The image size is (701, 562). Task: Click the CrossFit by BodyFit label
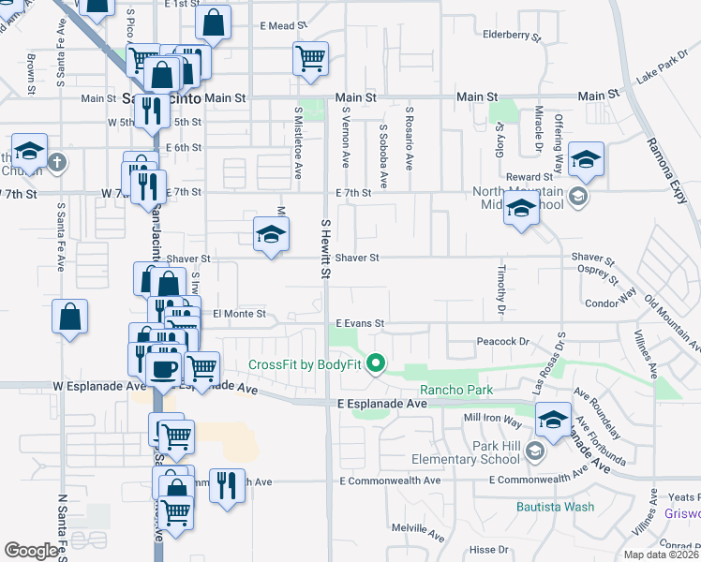[306, 364]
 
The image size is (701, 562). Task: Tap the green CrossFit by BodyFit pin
[377, 362]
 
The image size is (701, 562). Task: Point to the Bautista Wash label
[555, 507]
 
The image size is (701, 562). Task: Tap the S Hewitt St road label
[326, 249]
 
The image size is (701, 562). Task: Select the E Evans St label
[360, 323]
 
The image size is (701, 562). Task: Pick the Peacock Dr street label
[503, 343]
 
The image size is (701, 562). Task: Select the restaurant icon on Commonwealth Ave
[226, 485]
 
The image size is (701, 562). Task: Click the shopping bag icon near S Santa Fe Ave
[70, 317]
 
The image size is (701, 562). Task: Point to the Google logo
[31, 551]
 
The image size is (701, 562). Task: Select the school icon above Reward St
[586, 159]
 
